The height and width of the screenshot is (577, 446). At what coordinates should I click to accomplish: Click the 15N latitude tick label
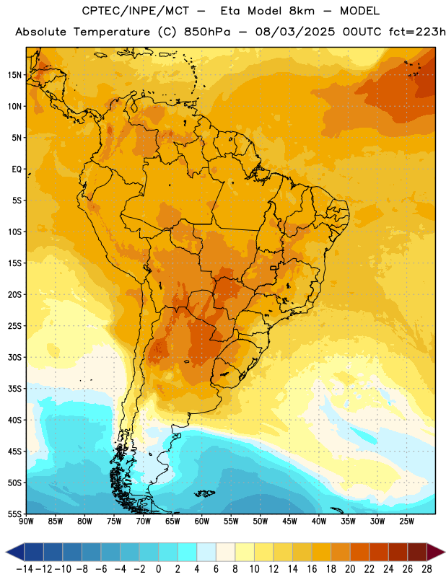(x=14, y=75)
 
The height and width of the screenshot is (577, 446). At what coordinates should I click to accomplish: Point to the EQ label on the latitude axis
(x=17, y=169)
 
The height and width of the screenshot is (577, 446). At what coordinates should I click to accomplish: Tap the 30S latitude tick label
(x=14, y=357)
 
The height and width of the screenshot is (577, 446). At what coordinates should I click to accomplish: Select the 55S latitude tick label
(x=14, y=514)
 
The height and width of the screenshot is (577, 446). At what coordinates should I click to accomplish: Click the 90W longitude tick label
(x=26, y=521)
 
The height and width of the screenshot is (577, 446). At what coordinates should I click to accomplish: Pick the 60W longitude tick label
(x=202, y=521)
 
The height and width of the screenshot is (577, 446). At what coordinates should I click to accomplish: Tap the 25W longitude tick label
(x=406, y=521)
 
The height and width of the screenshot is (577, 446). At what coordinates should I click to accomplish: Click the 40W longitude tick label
(x=319, y=521)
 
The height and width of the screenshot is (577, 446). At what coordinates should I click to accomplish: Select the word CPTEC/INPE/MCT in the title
(x=136, y=11)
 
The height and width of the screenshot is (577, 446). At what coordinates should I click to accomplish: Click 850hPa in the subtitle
(x=207, y=32)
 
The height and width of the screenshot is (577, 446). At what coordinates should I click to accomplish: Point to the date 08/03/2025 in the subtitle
(x=295, y=32)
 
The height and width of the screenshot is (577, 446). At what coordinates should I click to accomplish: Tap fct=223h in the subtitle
(x=417, y=32)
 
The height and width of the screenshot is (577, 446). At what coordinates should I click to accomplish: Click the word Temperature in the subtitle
(x=112, y=32)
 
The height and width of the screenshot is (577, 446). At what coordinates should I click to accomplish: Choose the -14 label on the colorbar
(x=25, y=569)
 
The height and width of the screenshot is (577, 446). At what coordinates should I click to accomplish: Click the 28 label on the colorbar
(x=427, y=569)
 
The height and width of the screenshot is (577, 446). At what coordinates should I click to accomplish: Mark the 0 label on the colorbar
(x=159, y=569)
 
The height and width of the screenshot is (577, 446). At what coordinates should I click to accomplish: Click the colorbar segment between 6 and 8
(x=226, y=552)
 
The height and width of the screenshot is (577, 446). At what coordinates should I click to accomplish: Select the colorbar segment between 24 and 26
(x=398, y=552)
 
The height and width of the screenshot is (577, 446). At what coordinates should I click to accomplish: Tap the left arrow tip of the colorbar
(x=6, y=552)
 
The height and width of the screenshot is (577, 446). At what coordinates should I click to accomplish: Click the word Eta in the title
(x=230, y=11)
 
